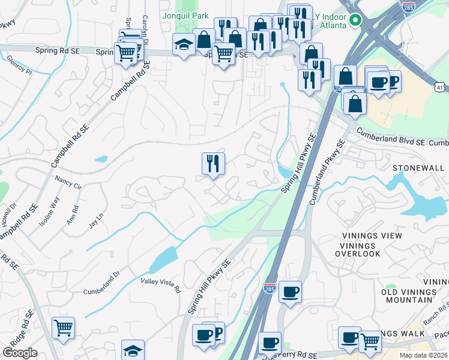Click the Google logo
tap(20, 353)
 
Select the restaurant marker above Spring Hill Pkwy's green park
tap(212, 163)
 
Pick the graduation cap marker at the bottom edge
tap(133, 350)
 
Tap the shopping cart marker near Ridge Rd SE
tap(63, 328)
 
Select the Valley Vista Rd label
tap(160, 284)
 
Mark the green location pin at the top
tap(355, 20)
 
